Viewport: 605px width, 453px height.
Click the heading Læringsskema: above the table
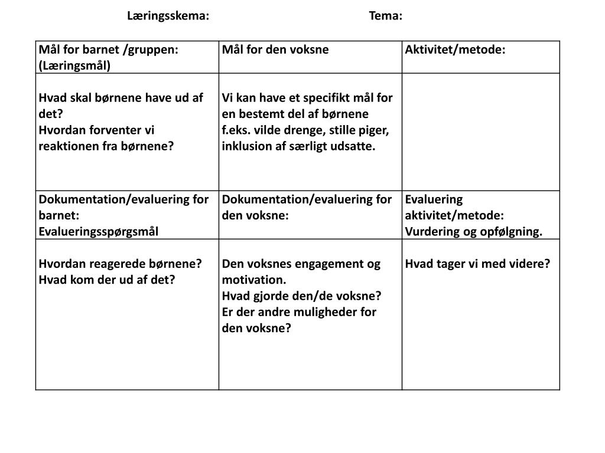point(168,16)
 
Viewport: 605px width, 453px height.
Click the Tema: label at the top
point(385,16)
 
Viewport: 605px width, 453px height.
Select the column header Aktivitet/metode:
point(455,50)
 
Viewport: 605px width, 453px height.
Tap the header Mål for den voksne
point(275,50)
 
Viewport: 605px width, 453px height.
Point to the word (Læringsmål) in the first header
point(74,65)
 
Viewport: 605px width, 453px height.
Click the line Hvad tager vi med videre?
point(477,264)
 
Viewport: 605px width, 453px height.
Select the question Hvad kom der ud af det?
point(107,280)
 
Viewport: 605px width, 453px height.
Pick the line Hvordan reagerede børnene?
point(121,264)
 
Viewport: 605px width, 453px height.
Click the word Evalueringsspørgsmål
point(99,231)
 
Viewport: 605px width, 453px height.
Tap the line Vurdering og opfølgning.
point(474,231)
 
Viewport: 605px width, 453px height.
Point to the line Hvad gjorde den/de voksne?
point(302,296)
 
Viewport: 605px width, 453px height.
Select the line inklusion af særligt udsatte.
point(299,146)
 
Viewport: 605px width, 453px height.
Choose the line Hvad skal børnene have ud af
point(121,98)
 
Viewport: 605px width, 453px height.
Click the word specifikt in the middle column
point(323,98)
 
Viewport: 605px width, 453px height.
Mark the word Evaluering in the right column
point(434,199)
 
